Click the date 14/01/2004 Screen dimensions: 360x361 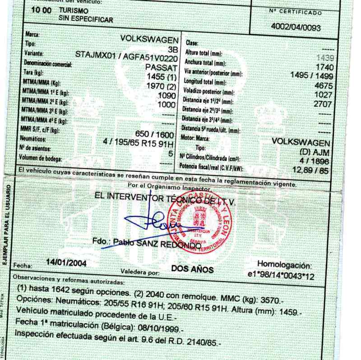click(x=67, y=262)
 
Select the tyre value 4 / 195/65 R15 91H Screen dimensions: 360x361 click(x=139, y=144)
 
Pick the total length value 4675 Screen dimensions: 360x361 click(x=322, y=84)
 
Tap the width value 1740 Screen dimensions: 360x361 click(x=323, y=68)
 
